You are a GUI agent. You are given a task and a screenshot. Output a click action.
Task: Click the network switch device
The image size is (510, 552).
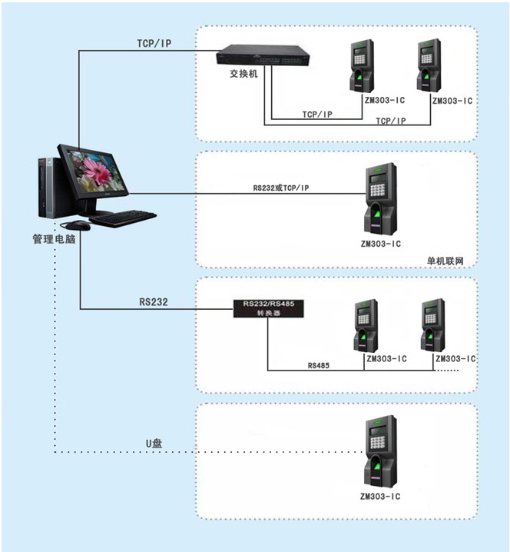coord(263,55)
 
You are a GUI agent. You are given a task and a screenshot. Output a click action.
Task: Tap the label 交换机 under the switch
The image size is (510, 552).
coord(243,74)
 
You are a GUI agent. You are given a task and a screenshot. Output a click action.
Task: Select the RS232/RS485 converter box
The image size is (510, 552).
coord(268,308)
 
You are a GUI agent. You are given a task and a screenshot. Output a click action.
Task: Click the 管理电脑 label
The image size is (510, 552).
coord(54,239)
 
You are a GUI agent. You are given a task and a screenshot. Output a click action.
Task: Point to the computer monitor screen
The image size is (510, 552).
coord(96,172)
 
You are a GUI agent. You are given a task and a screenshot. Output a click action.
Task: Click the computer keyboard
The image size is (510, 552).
coord(123,218)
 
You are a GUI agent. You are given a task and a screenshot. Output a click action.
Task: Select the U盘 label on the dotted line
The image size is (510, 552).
coord(154,444)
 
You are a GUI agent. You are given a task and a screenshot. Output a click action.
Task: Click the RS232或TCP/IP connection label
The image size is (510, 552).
coord(281,188)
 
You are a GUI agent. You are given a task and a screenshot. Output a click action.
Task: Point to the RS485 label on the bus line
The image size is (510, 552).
coord(319,365)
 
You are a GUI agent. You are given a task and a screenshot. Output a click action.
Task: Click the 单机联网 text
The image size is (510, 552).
coord(445,261)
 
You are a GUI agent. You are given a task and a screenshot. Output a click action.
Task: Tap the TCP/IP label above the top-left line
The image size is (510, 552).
coord(154,43)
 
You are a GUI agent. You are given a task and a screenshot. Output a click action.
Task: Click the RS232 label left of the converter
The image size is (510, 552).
coord(154,302)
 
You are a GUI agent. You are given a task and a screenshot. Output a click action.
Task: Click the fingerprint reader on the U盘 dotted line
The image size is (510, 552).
coord(381,451)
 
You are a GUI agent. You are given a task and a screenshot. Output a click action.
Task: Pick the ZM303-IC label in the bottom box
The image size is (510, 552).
coord(380,497)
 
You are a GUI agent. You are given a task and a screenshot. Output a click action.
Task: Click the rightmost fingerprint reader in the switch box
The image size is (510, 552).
coord(429,65)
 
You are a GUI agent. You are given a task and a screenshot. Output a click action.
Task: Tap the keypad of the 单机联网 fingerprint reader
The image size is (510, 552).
coord(377,190)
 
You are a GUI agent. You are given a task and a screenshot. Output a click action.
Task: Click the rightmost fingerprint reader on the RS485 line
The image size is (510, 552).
coord(432,325)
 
